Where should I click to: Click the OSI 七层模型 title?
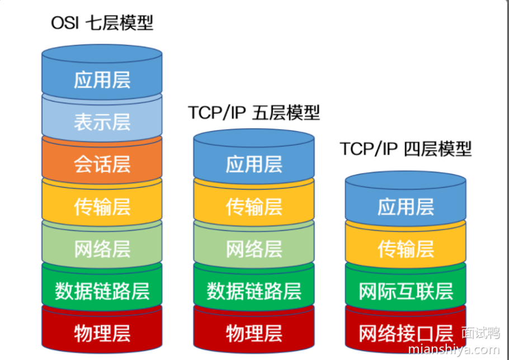point(102,23)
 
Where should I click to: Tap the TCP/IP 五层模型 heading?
point(254,113)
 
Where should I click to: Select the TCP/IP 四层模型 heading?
point(406,149)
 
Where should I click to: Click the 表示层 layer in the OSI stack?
point(102,122)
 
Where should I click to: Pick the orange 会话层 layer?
point(102,165)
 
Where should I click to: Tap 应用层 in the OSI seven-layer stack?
point(102,80)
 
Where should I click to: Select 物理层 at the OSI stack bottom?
point(102,334)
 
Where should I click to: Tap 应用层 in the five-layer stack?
point(254,165)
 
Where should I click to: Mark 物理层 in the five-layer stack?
point(254,334)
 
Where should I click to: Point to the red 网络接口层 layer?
point(406,334)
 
